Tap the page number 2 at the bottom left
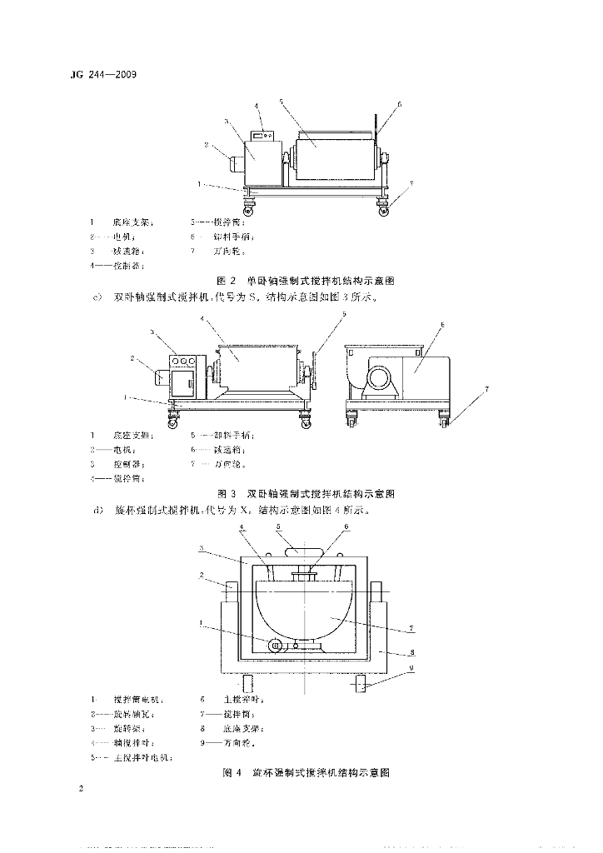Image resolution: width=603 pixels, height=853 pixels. click(81, 788)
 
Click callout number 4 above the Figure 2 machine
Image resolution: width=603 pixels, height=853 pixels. click(257, 106)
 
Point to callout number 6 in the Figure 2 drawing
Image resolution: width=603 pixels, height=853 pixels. click(400, 105)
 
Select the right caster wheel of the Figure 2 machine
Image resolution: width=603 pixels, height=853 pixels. click(384, 210)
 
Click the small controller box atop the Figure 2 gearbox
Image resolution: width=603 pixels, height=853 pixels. click(265, 134)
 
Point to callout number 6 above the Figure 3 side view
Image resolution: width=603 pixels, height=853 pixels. click(441, 324)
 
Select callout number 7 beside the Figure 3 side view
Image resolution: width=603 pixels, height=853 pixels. click(488, 389)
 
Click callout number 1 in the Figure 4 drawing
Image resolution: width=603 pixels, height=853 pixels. click(201, 622)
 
